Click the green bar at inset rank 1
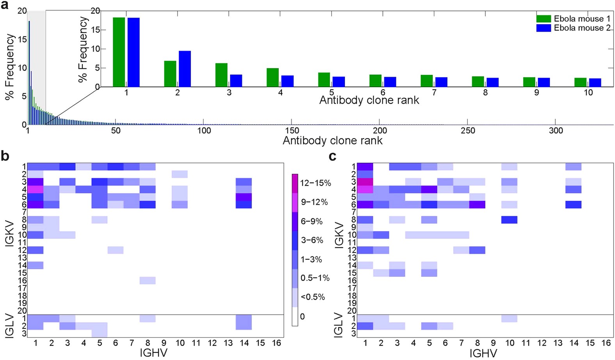click(119, 52)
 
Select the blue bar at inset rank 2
click(185, 69)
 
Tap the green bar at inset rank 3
click(221, 75)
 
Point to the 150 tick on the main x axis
click(292, 130)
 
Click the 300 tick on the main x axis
click(556, 130)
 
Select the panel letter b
click(5, 156)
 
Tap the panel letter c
click(333, 156)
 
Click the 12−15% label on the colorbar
click(316, 183)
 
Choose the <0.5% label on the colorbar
click(312, 297)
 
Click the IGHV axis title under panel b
click(153, 353)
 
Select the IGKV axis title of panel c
click(339, 235)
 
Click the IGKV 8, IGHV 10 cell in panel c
click(509, 220)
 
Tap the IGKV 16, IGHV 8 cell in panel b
click(148, 280)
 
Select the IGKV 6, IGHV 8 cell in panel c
click(477, 205)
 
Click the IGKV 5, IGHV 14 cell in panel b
click(244, 197)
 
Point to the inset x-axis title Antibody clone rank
click(369, 101)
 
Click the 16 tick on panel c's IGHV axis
click(606, 343)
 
